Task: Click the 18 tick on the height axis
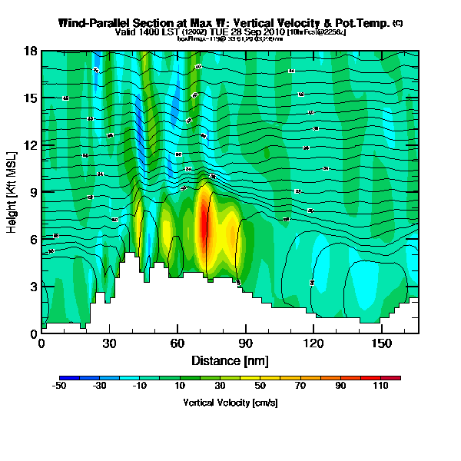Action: (x=31, y=51)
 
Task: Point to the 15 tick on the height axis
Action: (x=31, y=98)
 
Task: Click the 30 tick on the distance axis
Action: (x=109, y=344)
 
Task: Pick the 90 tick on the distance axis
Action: (x=246, y=344)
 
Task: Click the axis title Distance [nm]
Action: (x=230, y=360)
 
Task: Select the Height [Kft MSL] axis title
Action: (x=13, y=192)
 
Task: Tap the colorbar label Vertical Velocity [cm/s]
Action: (x=230, y=403)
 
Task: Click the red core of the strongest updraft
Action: (x=204, y=223)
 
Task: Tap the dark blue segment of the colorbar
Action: (x=68, y=378)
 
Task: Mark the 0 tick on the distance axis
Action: (x=41, y=344)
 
